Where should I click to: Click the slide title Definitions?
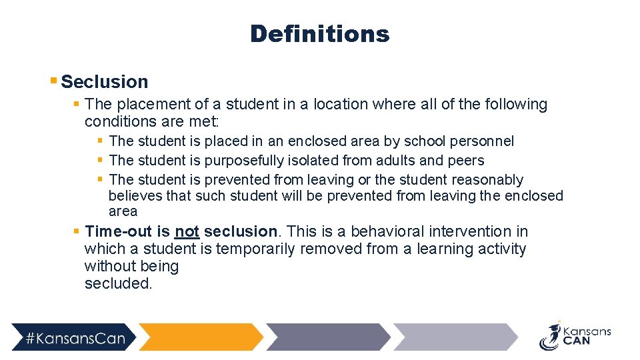coord(319,34)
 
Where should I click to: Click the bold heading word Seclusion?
coord(105,82)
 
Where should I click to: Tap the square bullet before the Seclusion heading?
coord(53,81)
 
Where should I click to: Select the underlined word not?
coord(187,232)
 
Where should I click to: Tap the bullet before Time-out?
coord(77,232)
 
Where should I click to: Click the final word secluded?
coord(118,284)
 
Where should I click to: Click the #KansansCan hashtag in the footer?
coord(75,338)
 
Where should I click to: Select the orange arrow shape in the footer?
coord(200,337)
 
